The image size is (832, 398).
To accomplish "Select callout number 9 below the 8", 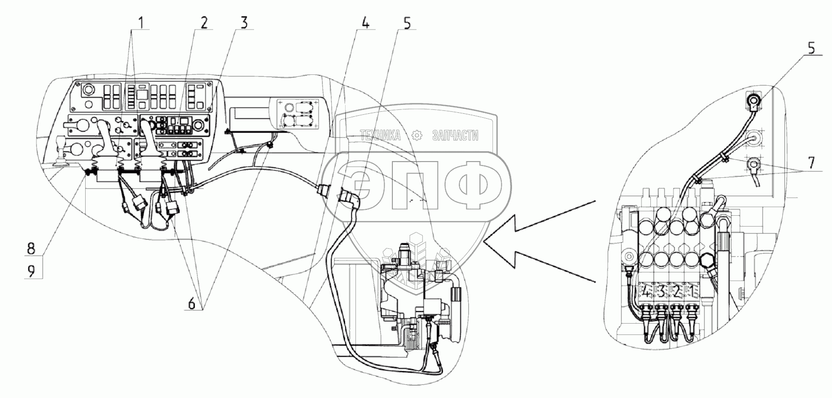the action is tap(31, 271).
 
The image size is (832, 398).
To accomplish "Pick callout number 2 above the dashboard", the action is tap(204, 22).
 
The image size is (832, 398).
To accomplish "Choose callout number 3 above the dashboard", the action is tap(244, 22).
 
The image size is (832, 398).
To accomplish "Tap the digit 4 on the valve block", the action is tap(646, 292).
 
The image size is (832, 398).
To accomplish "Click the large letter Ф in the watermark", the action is tap(470, 185).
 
